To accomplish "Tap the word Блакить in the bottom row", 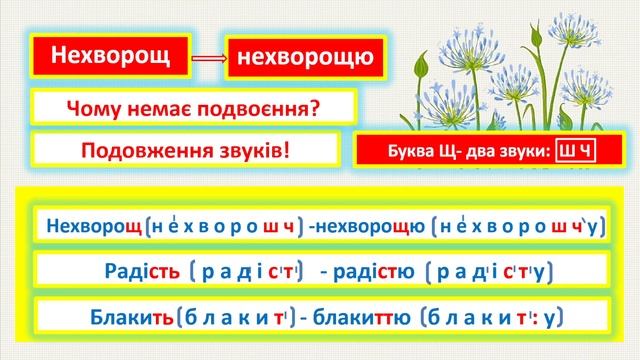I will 124,318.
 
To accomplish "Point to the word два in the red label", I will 474,153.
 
